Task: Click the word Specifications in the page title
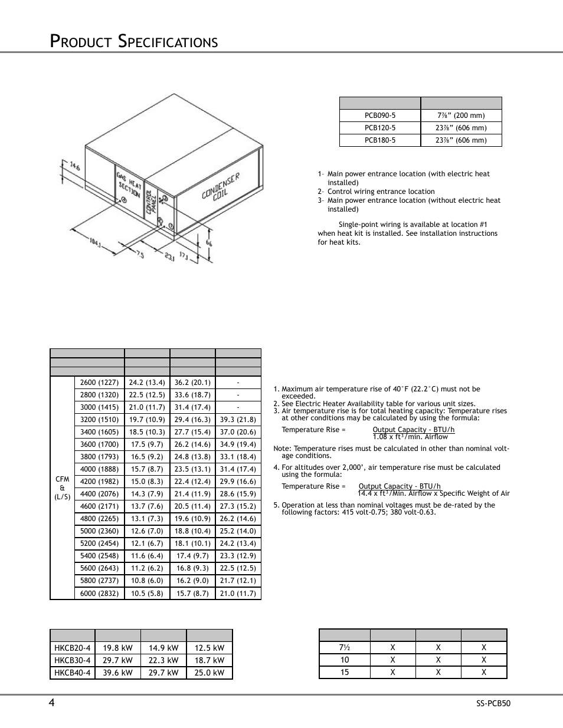click(x=168, y=41)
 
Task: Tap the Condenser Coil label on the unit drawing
click(x=221, y=187)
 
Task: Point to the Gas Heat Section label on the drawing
click(x=129, y=185)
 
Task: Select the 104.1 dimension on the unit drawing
click(x=95, y=242)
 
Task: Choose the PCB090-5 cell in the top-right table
click(x=380, y=116)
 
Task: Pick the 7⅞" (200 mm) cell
click(x=461, y=116)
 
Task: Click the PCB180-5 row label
click(x=380, y=140)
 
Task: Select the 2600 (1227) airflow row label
click(x=99, y=383)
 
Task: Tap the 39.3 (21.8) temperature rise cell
click(x=238, y=420)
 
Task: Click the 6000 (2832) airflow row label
click(x=99, y=594)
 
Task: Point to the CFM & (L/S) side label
click(x=63, y=488)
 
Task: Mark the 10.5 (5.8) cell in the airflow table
click(x=147, y=594)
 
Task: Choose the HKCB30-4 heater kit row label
click(x=73, y=660)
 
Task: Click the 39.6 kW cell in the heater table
click(x=118, y=673)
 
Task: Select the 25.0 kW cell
click(x=210, y=673)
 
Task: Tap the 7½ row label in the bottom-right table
click(x=345, y=647)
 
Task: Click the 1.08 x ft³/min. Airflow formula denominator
click(x=410, y=437)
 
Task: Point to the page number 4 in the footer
click(x=52, y=702)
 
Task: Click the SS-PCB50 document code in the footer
click(x=493, y=703)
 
